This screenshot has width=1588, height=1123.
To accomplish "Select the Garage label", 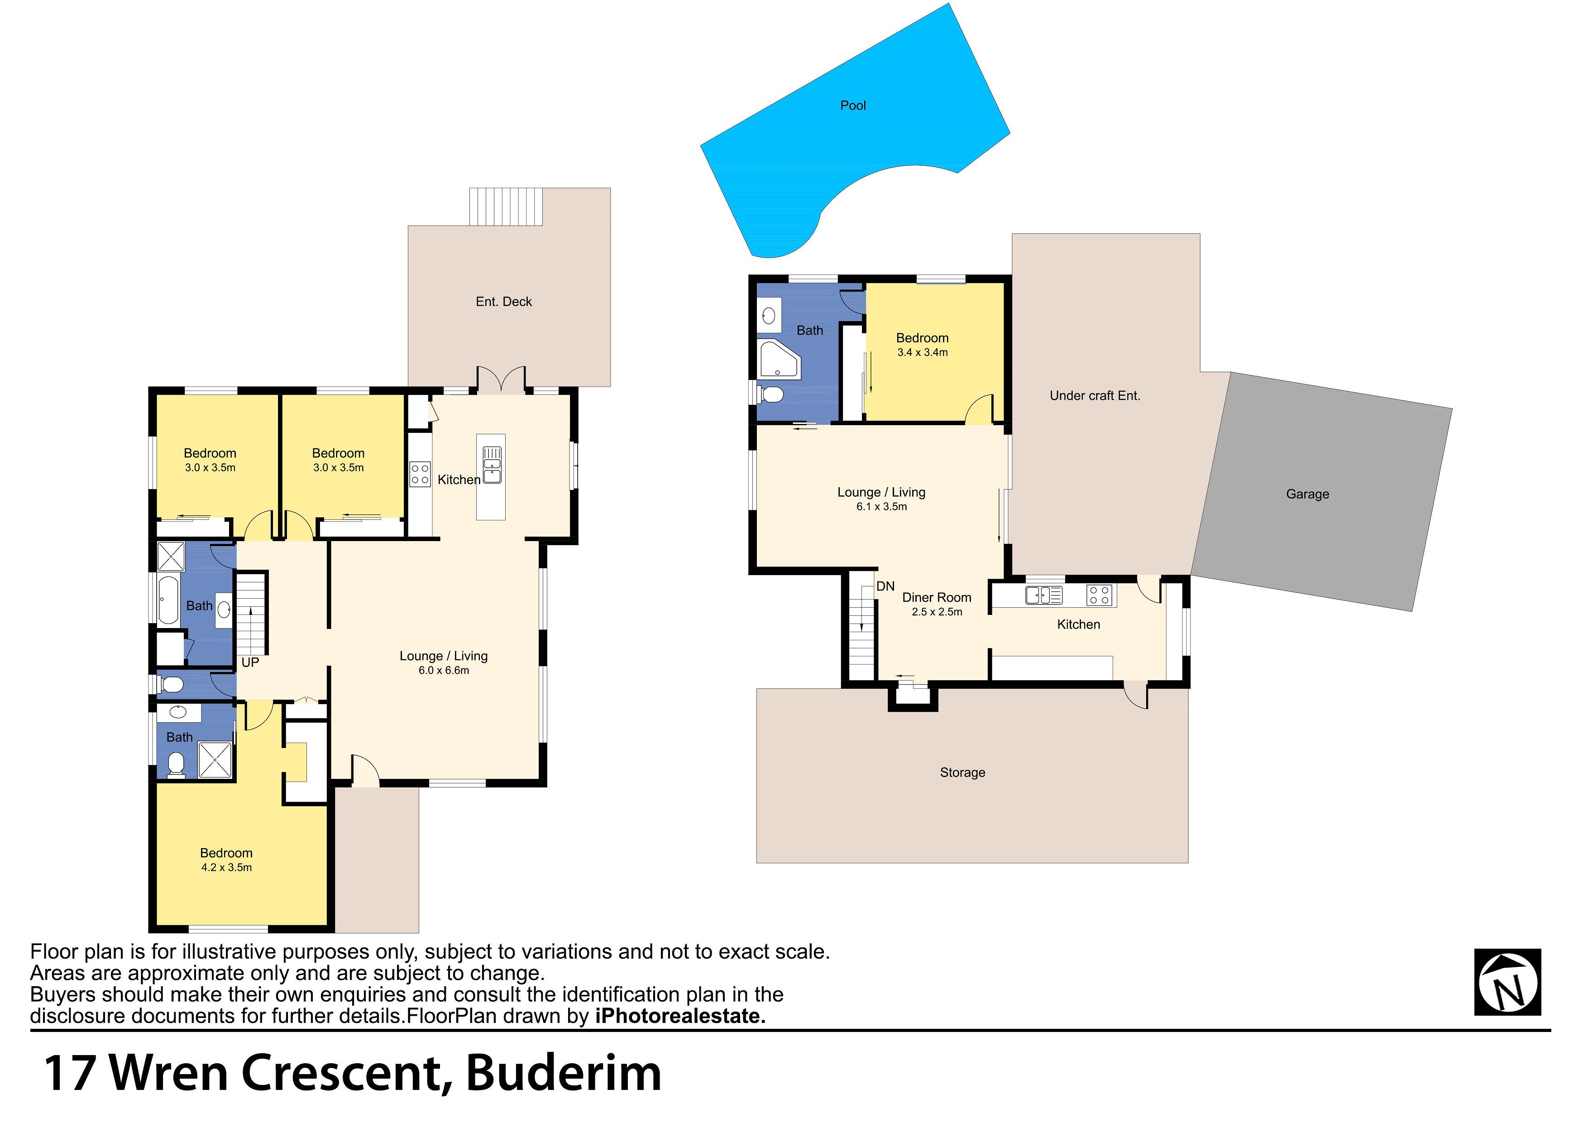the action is [x=1307, y=494].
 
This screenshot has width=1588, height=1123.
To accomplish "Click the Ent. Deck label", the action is [x=503, y=302].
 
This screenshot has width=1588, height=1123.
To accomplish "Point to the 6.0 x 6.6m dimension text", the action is [x=444, y=671].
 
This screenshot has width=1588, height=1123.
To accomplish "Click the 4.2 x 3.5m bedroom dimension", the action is [x=226, y=868].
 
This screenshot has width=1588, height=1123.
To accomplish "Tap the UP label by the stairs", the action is [x=250, y=663].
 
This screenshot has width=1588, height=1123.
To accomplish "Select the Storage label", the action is [x=962, y=773].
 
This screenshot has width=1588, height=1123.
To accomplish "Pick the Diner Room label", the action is [x=937, y=598].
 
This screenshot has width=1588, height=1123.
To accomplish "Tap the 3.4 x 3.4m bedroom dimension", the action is [x=923, y=353].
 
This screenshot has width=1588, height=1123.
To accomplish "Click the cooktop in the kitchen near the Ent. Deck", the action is [x=420, y=474].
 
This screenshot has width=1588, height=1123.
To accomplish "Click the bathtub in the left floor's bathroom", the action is [x=169, y=600].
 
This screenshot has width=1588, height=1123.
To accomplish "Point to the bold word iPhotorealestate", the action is [x=680, y=1017].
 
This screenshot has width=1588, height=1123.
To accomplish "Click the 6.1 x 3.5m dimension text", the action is [x=881, y=507].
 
